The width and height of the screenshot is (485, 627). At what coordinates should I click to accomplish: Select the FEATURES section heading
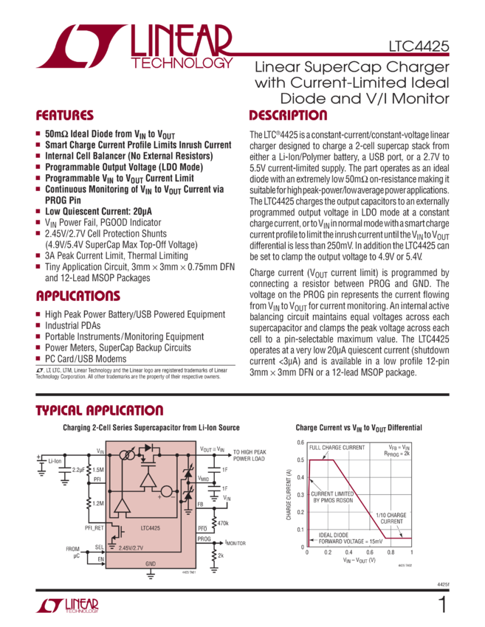point(65,116)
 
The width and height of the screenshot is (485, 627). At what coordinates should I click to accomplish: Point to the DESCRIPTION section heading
point(288,116)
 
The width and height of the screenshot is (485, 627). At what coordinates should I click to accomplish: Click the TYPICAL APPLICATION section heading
point(100,410)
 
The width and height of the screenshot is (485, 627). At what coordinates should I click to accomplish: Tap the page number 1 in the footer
point(442,606)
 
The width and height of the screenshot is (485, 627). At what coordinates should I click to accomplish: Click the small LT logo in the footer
point(66,606)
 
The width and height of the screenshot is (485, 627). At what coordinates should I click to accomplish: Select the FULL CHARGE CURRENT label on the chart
point(337,448)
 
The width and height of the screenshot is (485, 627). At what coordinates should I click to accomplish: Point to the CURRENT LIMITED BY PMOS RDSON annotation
point(334,497)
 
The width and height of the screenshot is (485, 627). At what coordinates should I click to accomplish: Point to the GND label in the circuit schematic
point(151,564)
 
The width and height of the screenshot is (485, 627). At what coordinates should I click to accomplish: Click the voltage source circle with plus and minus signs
point(167,490)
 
